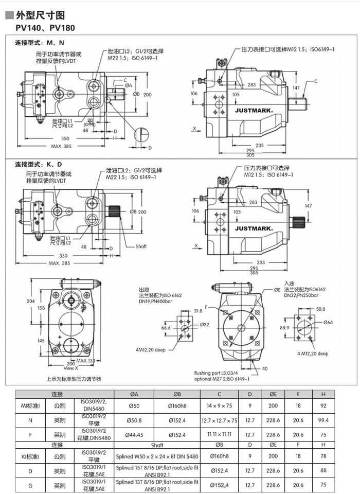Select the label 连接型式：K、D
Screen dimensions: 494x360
point(38,164)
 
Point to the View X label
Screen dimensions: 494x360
point(71,368)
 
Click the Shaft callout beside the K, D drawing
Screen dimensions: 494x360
point(141,246)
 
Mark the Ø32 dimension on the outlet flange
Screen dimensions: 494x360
point(205,324)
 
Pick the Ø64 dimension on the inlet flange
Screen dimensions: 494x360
point(329,323)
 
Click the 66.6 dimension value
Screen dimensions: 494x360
point(166,328)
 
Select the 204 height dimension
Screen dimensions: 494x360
point(30,301)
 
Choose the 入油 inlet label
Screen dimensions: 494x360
point(290,284)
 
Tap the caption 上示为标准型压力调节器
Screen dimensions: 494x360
point(74,379)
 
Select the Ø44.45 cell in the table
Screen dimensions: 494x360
point(134,435)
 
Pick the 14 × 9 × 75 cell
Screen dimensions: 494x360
point(220,406)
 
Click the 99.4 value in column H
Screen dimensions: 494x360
point(323,420)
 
